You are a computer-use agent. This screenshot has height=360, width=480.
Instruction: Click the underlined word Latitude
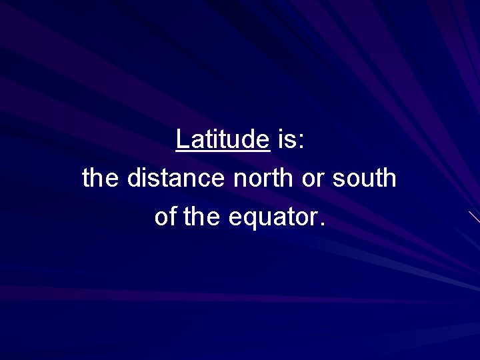click(223, 139)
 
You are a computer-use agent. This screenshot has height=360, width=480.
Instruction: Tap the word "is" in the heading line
click(286, 139)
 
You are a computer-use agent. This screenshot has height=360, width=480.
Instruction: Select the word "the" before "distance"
click(101, 178)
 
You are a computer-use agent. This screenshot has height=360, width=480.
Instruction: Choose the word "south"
click(365, 178)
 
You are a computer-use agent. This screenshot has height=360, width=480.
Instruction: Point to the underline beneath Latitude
click(223, 151)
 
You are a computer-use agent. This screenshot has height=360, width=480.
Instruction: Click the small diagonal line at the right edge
click(474, 217)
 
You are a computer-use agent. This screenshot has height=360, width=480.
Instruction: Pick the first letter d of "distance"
click(133, 178)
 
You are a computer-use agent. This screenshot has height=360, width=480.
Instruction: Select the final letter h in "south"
click(390, 178)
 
